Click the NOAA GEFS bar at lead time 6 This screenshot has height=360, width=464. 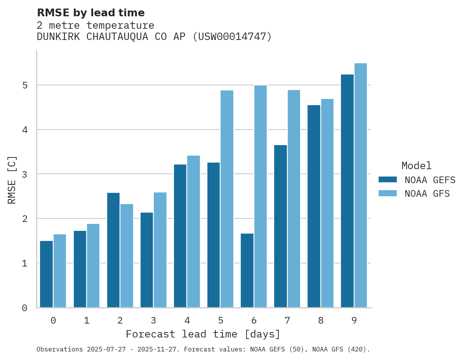(x=247, y=270)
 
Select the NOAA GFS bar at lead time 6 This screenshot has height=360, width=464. (x=260, y=196)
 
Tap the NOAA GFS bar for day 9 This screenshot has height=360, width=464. (x=360, y=185)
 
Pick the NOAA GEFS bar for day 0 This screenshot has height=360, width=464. (x=46, y=274)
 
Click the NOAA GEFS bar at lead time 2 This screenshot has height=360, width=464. (x=113, y=250)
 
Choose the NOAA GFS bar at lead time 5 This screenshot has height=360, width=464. (x=227, y=199)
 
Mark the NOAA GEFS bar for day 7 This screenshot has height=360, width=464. (x=280, y=226)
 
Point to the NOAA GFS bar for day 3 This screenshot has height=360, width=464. (x=160, y=250)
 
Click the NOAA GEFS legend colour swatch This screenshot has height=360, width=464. (x=388, y=180)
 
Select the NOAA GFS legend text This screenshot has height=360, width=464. (x=427, y=194)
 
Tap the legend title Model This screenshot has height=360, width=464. (x=416, y=166)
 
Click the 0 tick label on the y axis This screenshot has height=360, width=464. (x=24, y=308)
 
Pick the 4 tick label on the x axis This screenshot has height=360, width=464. (x=187, y=320)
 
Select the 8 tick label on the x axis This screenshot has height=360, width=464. (x=320, y=320)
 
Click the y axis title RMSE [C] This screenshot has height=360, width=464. (x=12, y=179)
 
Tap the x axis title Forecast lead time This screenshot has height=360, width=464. (x=203, y=334)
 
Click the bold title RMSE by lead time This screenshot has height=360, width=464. (x=90, y=13)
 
